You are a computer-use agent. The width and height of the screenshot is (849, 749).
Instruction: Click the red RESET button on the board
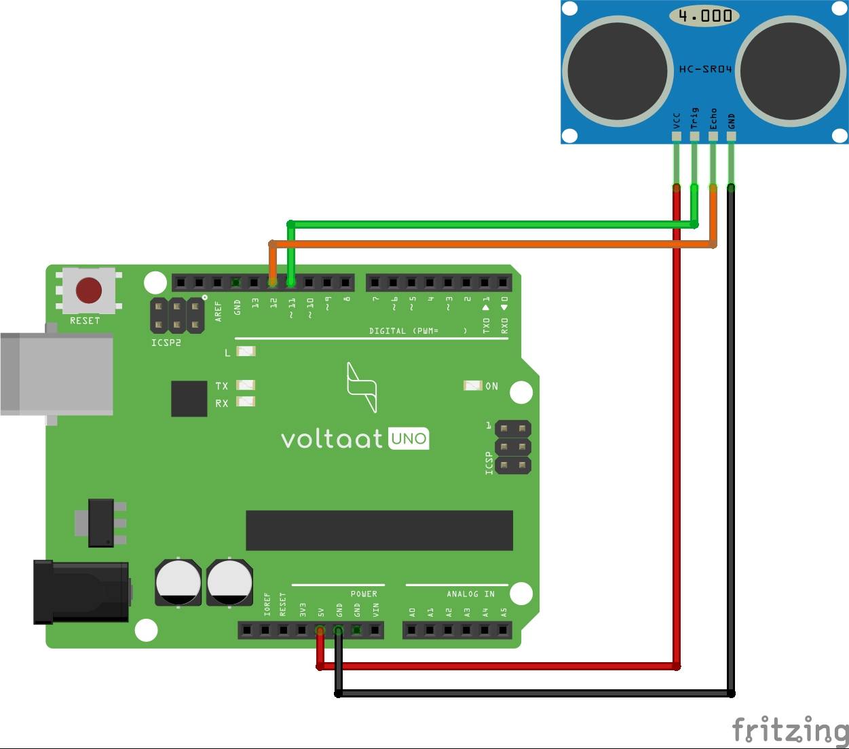[89, 290]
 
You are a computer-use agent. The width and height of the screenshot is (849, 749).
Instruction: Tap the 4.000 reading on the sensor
[705, 16]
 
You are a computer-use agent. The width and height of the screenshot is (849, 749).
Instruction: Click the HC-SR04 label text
[705, 69]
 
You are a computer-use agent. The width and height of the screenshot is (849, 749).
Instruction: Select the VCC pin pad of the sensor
[677, 136]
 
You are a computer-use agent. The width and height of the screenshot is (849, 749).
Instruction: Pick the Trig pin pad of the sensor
[694, 136]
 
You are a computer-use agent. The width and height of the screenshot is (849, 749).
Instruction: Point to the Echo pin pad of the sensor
[713, 136]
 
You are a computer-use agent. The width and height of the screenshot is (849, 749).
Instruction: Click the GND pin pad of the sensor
[731, 136]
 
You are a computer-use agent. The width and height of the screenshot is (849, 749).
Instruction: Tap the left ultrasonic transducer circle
[618, 71]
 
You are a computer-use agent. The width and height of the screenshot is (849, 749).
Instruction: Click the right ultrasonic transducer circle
[791, 71]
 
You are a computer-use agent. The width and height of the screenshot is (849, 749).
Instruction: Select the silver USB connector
[56, 374]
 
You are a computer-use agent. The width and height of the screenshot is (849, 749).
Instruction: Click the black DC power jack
[81, 592]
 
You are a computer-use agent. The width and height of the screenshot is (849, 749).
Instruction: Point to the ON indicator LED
[473, 385]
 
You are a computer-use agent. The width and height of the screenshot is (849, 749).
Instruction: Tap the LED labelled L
[246, 351]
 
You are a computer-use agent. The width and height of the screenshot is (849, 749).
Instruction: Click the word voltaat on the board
[331, 440]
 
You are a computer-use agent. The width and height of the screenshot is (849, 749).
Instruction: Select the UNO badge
[409, 438]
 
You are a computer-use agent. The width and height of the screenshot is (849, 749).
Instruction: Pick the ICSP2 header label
[166, 343]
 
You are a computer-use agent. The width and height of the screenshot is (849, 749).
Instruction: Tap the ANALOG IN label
[470, 594]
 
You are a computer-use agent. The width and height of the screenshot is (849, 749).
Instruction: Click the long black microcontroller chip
[379, 531]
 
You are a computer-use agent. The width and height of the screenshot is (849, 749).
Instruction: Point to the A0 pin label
[412, 613]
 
